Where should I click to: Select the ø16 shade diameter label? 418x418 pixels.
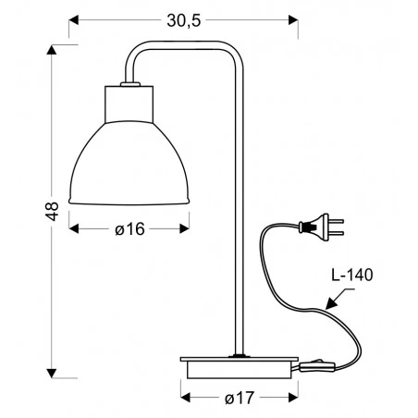[131, 229]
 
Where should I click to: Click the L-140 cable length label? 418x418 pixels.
[356, 275]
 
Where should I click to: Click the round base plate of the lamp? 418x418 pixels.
[239, 365]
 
